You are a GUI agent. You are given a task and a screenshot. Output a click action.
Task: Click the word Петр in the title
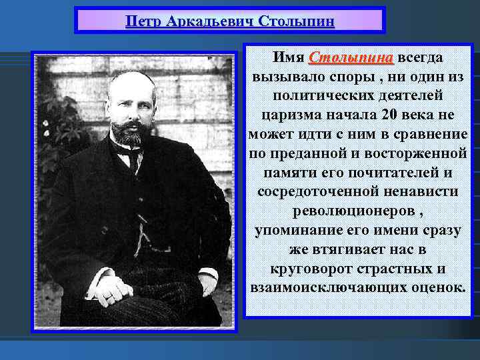(143, 21)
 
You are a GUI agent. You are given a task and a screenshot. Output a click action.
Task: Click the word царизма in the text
(291, 115)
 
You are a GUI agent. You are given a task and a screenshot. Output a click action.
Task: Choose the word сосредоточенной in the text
(311, 191)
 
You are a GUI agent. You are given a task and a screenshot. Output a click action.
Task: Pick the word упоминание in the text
(292, 230)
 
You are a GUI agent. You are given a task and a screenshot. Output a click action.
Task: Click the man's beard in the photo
(126, 133)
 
